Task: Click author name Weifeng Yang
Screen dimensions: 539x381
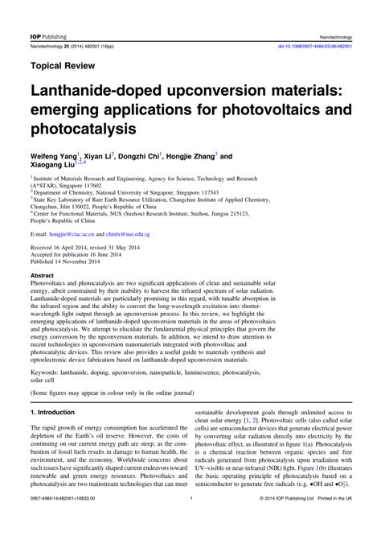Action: pos(53,156)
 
